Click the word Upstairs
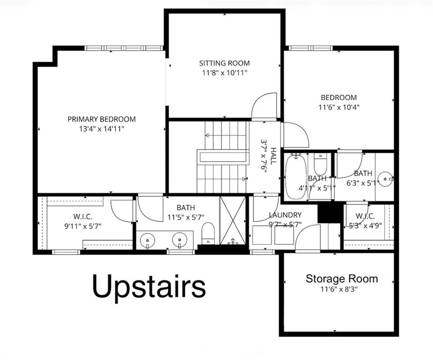coord(149,286)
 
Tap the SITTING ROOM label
coord(224,63)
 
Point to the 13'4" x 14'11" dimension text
coord(101,128)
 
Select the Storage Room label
coord(342,279)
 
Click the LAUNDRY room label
coord(285,215)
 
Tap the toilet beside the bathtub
coord(320,165)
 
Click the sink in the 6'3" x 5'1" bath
coord(386,179)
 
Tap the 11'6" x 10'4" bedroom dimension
coord(339,106)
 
